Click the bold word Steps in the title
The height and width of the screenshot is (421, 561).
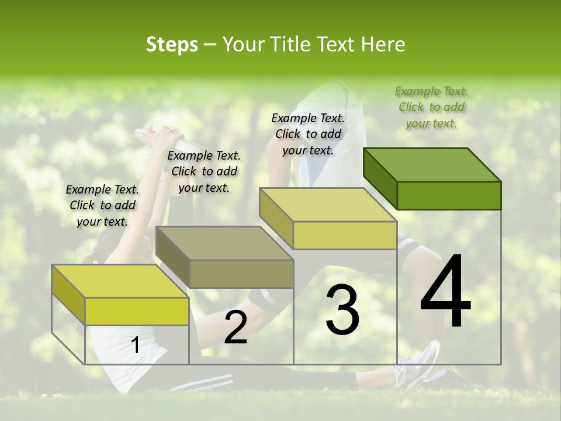(x=172, y=44)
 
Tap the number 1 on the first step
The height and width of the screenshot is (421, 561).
(x=135, y=346)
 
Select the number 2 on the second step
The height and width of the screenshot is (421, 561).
(x=236, y=328)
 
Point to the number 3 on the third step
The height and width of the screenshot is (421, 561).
(x=342, y=310)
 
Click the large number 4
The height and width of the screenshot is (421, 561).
(x=445, y=292)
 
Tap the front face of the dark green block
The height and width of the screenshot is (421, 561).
(x=449, y=195)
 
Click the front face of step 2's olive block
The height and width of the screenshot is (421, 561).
(x=241, y=274)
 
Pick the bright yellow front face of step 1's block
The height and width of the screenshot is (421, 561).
(x=137, y=311)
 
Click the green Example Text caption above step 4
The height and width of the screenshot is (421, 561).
(x=431, y=107)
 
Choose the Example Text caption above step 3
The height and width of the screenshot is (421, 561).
(x=308, y=134)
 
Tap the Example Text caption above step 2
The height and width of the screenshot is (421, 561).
(x=204, y=171)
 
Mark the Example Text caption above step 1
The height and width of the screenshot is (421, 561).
(x=102, y=205)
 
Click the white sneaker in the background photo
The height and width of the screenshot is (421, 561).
(x=420, y=366)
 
